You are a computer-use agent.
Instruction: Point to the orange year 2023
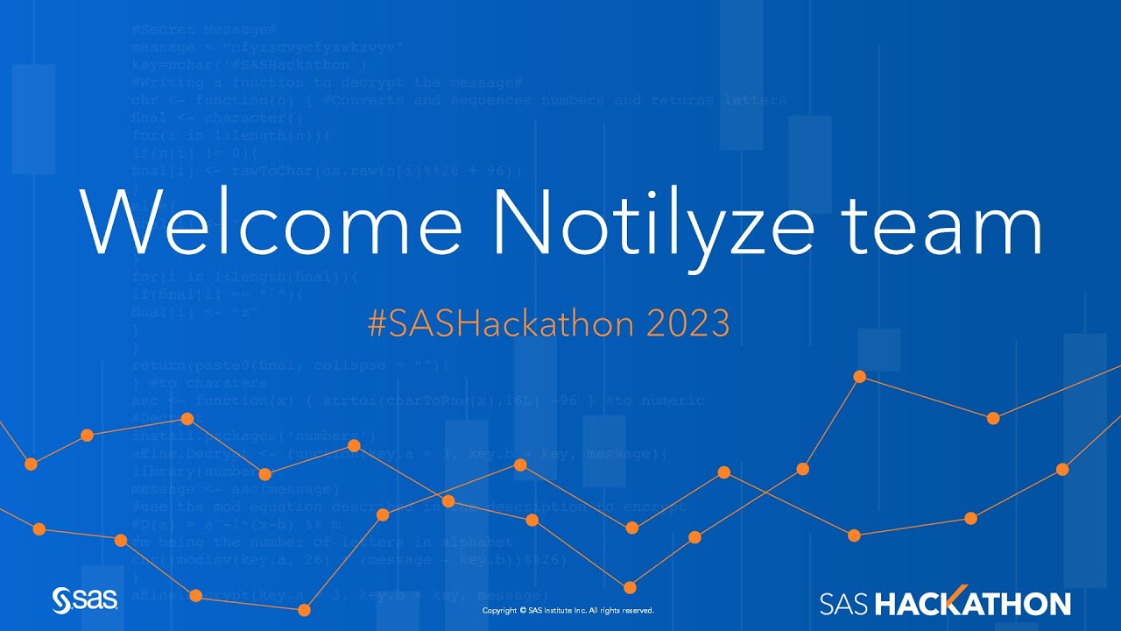point(687,324)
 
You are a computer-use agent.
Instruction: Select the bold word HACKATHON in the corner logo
point(973,603)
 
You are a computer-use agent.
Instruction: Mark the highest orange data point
point(859,376)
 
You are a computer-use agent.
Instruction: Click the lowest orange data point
point(304,610)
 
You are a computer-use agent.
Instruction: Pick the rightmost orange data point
point(1062,469)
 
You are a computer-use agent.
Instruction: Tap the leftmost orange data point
point(31,464)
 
